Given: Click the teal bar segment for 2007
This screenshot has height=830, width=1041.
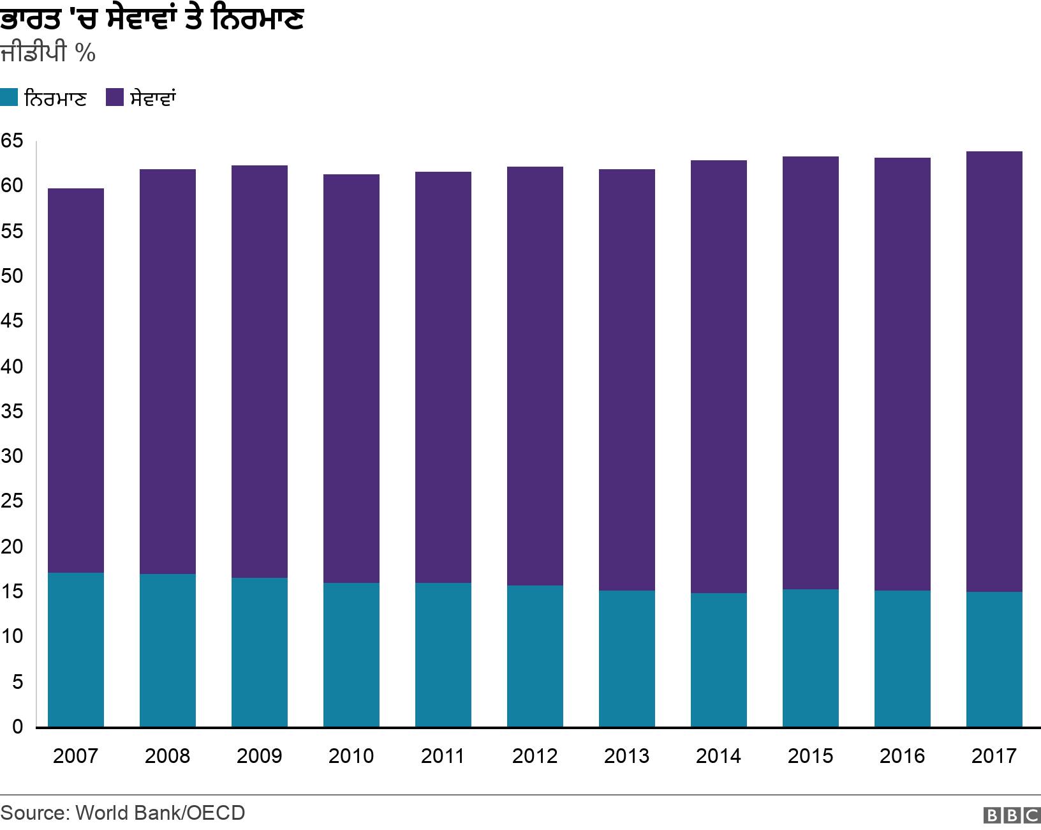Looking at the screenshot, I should (76, 649).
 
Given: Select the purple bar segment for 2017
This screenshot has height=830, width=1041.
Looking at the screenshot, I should (994, 372).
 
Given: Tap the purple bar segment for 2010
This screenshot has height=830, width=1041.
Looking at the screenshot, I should (351, 379).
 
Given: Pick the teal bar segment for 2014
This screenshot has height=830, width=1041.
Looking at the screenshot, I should (718, 660).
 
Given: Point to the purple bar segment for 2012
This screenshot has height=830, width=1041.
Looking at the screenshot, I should (535, 376).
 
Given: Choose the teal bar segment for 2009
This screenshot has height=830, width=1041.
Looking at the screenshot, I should (259, 652).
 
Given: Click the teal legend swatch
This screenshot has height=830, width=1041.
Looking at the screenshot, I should (9, 98).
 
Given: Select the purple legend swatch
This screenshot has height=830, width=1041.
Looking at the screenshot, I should (115, 98).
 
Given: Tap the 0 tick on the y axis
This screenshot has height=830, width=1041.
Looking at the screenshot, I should (17, 727).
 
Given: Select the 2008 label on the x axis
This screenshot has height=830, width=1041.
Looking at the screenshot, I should (167, 756).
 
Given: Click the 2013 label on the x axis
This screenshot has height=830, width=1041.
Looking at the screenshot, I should (626, 756).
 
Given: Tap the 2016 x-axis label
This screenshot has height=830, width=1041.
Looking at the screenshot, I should (902, 756).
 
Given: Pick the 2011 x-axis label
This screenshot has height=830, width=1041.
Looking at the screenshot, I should (443, 756).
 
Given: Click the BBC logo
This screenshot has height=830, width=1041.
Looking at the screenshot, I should (1012, 815).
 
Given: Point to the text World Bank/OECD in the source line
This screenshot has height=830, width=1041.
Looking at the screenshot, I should (160, 813).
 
